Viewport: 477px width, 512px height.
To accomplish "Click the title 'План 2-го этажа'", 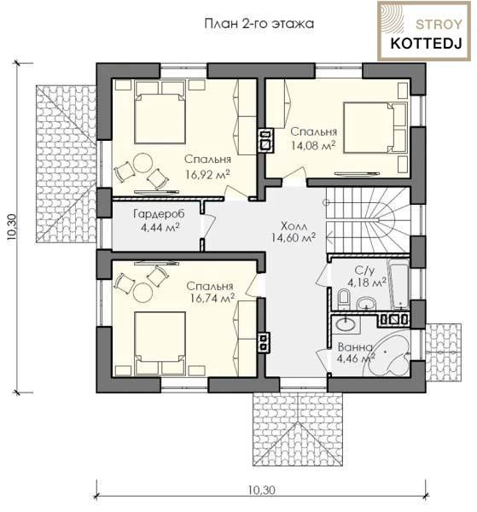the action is click(259, 24).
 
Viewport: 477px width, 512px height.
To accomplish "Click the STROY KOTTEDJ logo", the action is click(424, 31).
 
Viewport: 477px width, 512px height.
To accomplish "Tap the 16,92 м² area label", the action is click(207, 174).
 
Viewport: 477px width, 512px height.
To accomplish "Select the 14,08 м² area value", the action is click(313, 145).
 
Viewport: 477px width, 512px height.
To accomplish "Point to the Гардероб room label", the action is click(159, 214).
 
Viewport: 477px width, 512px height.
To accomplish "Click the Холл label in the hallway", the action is click(294, 226).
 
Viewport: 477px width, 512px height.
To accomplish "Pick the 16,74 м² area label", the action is click(212, 298).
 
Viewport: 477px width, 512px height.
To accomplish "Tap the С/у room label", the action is click(364, 271).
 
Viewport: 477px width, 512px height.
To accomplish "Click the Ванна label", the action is click(355, 346).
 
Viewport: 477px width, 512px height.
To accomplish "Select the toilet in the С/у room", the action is click(344, 299).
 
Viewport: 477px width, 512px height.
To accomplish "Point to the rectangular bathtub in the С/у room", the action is click(398, 284).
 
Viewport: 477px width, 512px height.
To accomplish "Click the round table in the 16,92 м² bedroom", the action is click(143, 163).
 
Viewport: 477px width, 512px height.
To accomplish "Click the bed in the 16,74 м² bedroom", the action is click(160, 342).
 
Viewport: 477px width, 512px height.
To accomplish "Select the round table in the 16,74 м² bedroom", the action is click(143, 292).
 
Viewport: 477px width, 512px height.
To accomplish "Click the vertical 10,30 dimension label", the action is click(13, 227).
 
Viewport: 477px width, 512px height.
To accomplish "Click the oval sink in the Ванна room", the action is click(346, 324).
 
